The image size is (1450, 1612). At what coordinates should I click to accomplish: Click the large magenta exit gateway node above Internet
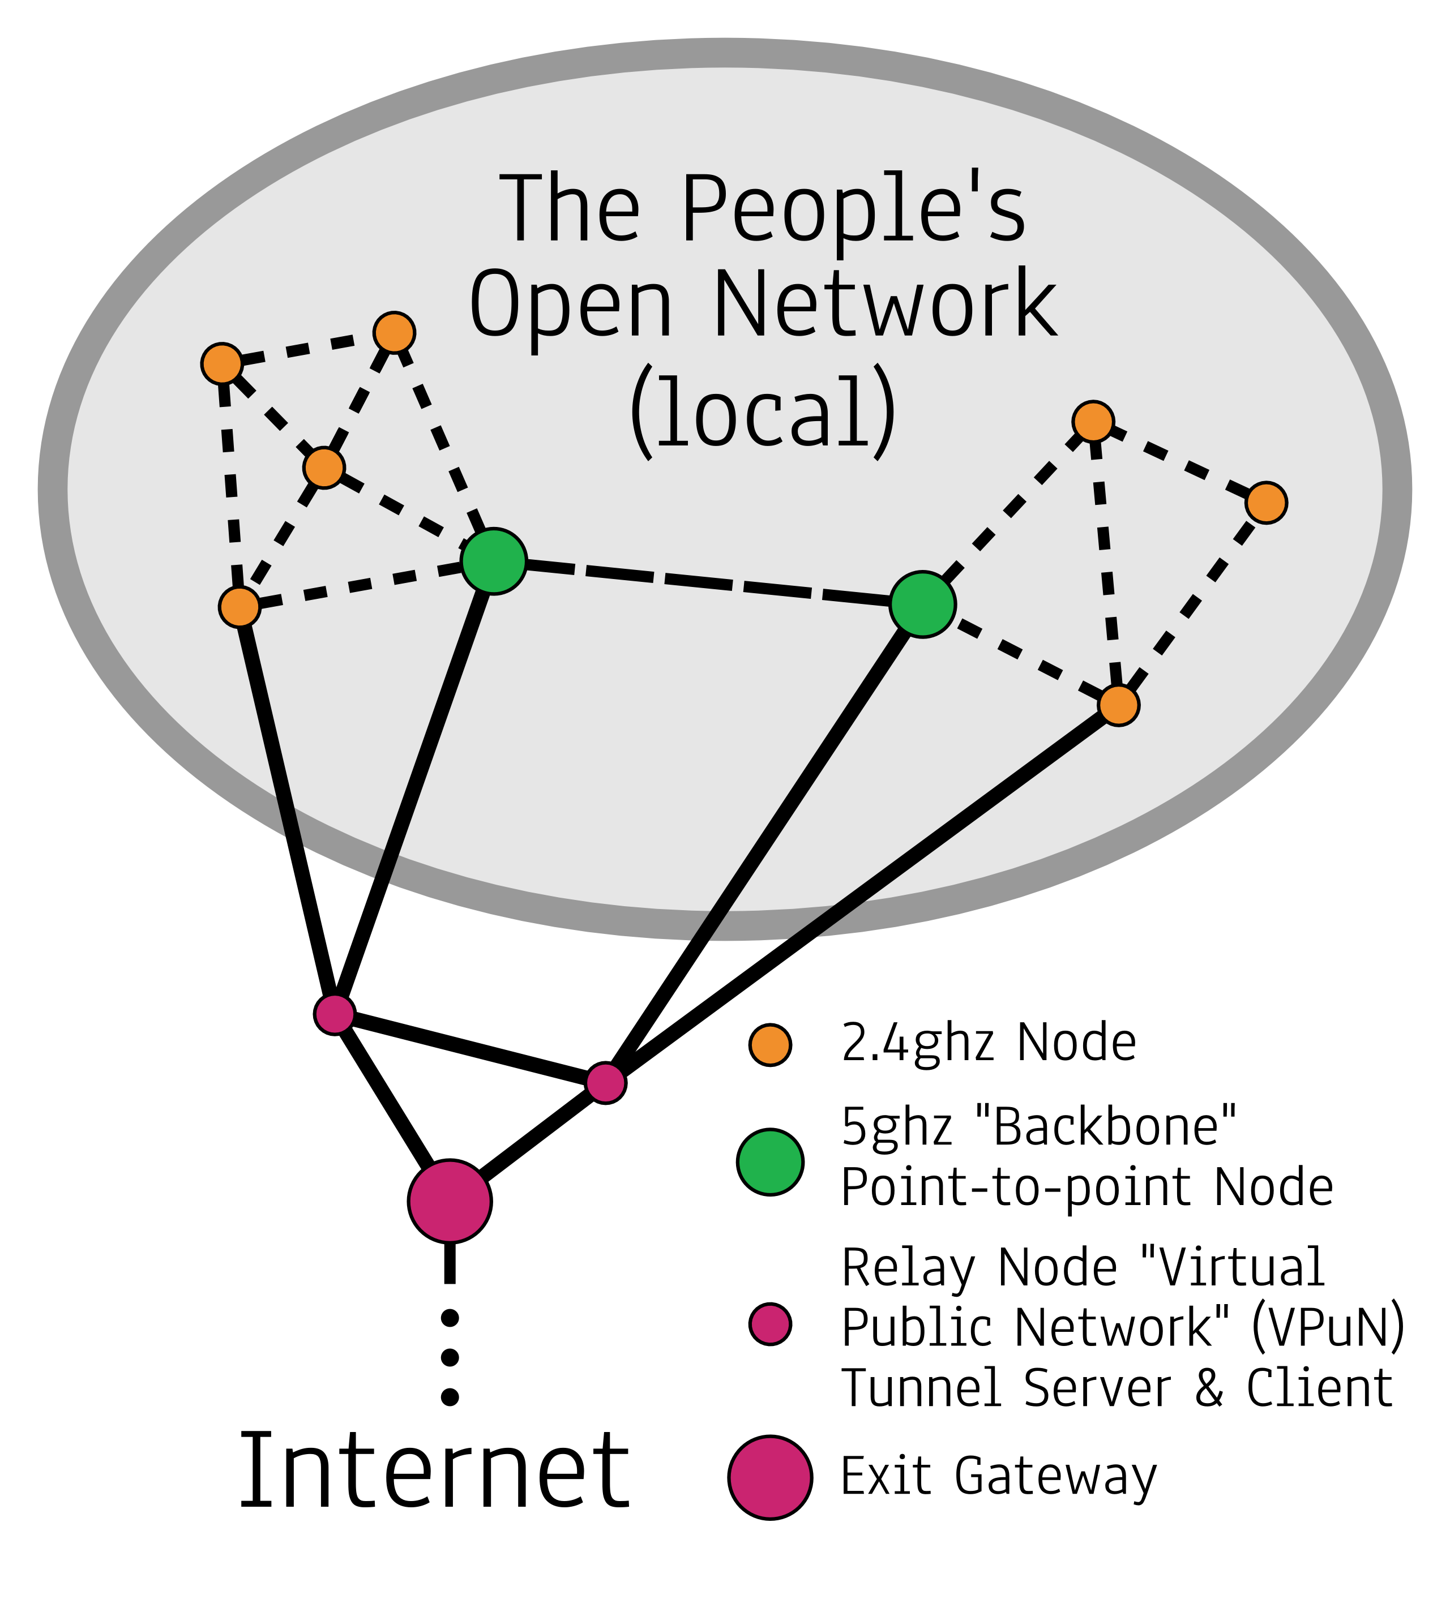click(x=450, y=1201)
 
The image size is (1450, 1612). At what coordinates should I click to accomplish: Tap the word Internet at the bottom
click(x=435, y=1472)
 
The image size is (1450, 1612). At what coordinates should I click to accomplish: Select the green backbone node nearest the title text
click(x=494, y=561)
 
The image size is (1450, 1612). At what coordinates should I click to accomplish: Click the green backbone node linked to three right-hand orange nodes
click(x=922, y=604)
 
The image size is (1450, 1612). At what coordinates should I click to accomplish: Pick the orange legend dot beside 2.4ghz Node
click(x=771, y=1044)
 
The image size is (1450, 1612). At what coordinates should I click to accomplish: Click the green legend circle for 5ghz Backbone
click(x=771, y=1162)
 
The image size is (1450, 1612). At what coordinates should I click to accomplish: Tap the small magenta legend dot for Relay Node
click(x=771, y=1324)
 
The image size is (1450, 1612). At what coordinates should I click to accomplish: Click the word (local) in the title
click(x=763, y=413)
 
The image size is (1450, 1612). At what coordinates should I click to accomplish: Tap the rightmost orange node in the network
click(x=1267, y=503)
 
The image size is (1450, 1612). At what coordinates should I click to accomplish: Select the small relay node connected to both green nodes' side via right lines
click(x=605, y=1083)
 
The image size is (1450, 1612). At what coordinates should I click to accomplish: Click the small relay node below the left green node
click(x=335, y=1014)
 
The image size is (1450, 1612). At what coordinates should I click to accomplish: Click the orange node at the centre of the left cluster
click(x=323, y=468)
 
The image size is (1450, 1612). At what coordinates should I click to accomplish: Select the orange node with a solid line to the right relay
click(x=1119, y=705)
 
